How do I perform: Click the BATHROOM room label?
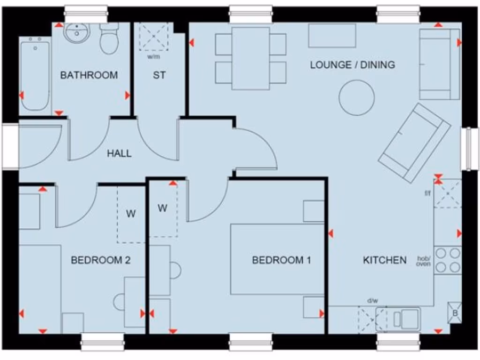89,75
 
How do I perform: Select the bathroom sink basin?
75,33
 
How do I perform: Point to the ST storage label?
159,75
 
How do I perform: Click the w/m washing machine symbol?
154,37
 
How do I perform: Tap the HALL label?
119,153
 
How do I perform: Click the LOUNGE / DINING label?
352,65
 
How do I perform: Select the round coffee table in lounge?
357,97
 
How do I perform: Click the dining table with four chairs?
251,58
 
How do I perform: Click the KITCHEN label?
385,260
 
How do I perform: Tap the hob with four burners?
448,261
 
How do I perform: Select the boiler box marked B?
454,313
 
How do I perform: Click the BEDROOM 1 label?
281,260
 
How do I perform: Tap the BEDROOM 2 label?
100,260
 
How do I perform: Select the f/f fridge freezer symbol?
448,193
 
